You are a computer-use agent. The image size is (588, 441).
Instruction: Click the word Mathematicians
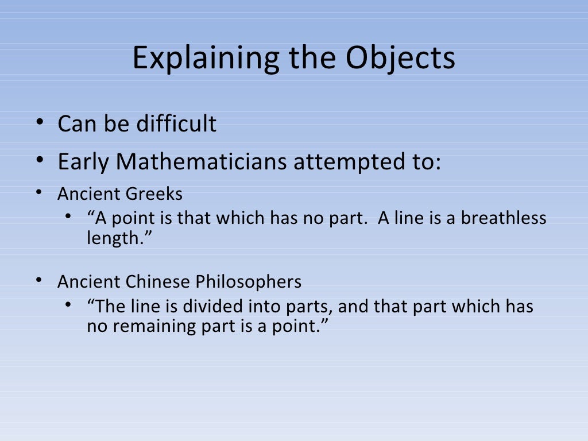pyautogui.click(x=201, y=163)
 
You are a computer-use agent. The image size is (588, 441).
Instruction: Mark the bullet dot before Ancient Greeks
pyautogui.click(x=38, y=193)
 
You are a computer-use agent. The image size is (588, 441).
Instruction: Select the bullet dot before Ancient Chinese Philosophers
pyautogui.click(x=38, y=281)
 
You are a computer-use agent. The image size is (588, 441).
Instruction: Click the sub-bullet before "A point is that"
pyautogui.click(x=68, y=217)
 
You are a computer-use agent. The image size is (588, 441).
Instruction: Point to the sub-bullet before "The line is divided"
pyautogui.click(x=68, y=305)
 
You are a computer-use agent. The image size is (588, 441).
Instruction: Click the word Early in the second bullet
pyautogui.click(x=83, y=163)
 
